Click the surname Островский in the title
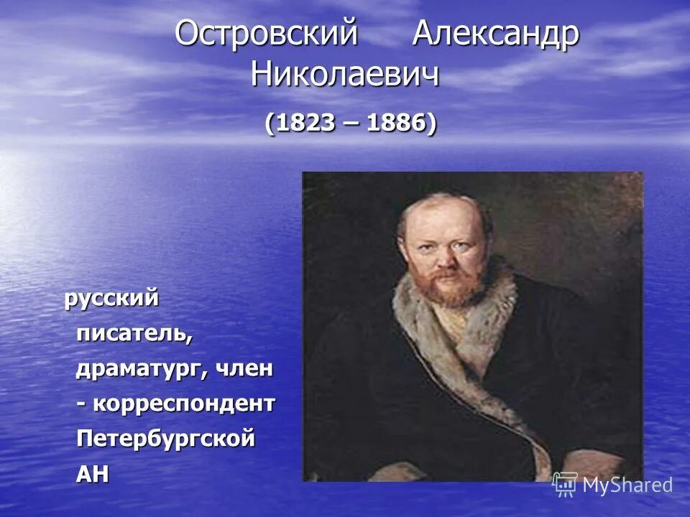(266, 34)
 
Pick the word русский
(111, 299)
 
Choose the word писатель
(134, 334)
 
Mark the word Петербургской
(166, 438)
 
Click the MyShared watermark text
(627, 485)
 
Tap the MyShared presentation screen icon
(565, 485)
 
